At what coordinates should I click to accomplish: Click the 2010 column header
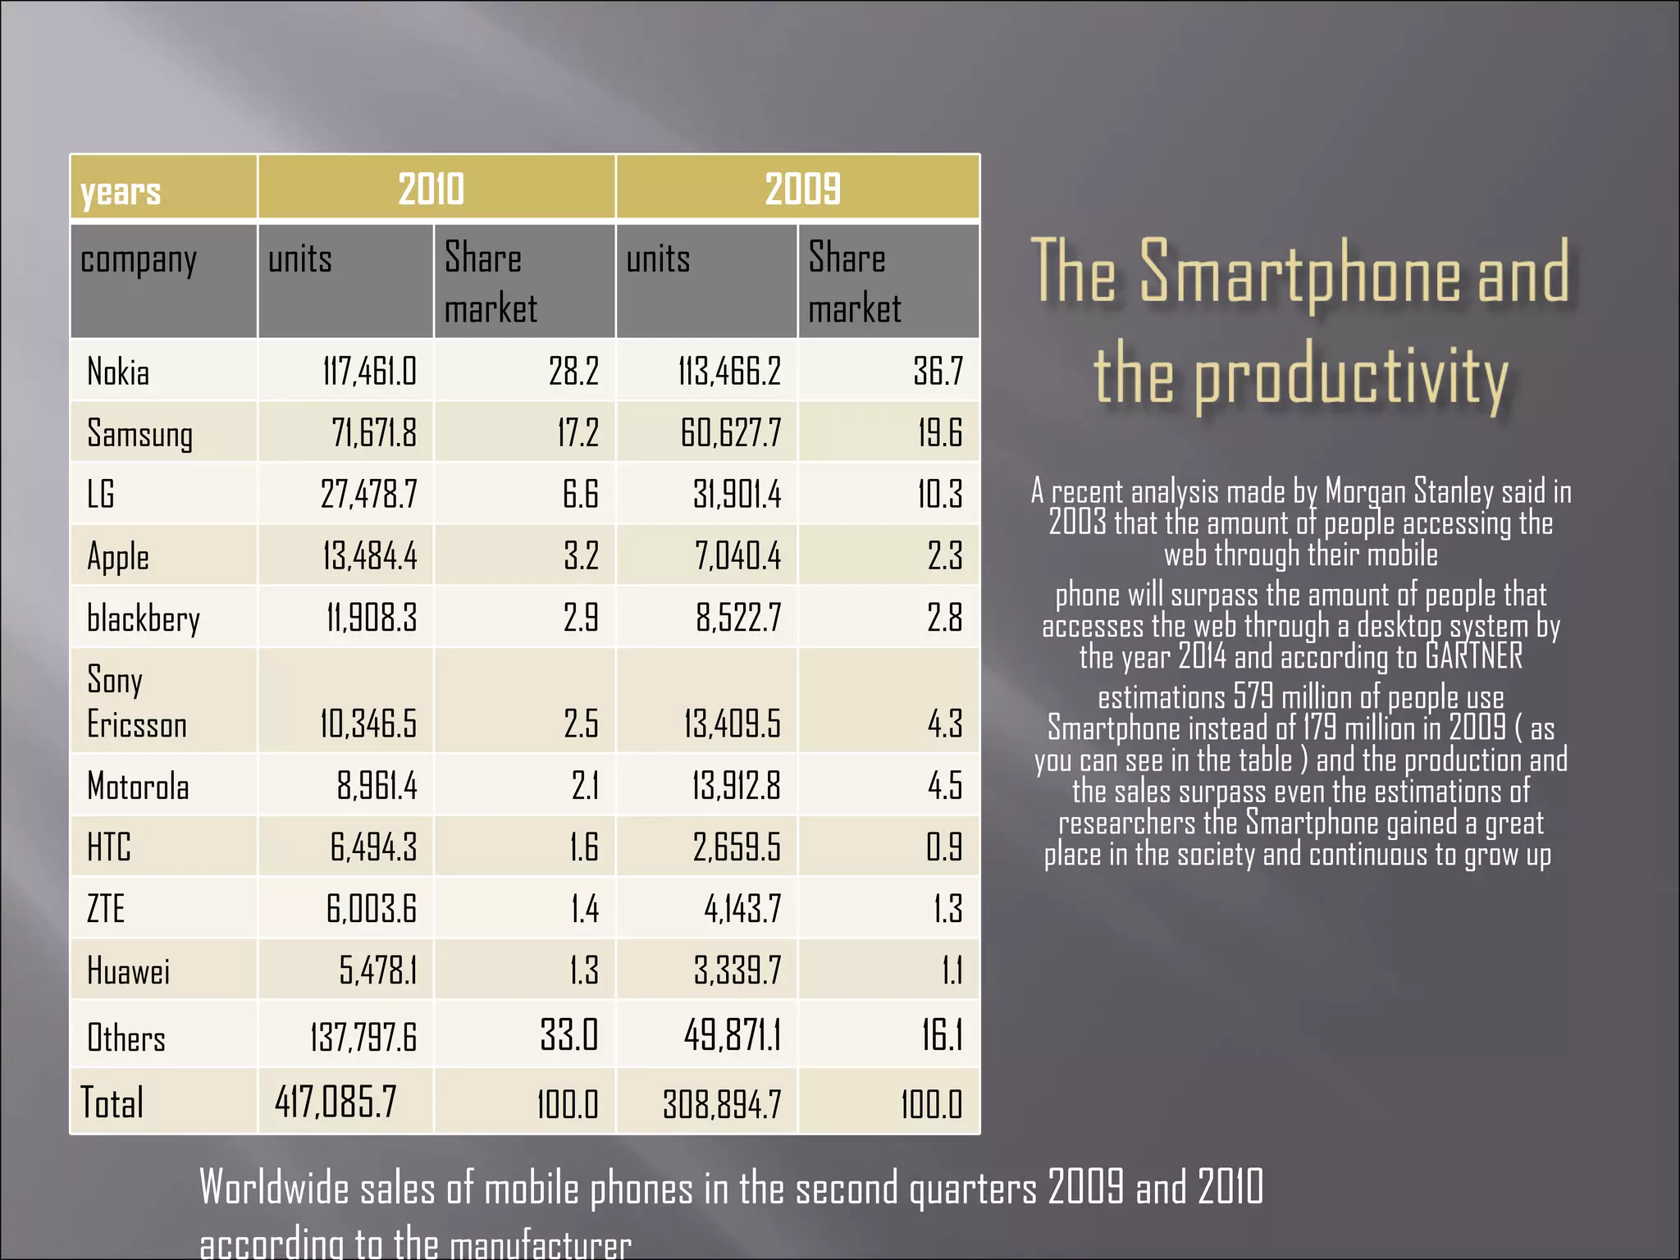click(431, 189)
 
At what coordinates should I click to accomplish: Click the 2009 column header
click(802, 189)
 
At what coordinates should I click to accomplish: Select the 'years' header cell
click(121, 191)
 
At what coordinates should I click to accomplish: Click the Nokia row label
click(118, 372)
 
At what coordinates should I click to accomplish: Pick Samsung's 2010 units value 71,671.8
click(374, 433)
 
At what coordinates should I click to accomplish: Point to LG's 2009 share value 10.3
click(940, 495)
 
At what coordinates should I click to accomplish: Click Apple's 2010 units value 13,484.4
click(369, 556)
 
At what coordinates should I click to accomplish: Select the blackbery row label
click(144, 619)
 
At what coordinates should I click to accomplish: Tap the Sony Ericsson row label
click(136, 702)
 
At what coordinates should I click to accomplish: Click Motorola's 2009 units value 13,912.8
click(736, 786)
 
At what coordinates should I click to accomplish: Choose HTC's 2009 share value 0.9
click(944, 847)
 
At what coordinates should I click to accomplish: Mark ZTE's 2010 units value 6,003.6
click(372, 909)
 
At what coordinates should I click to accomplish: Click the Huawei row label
click(128, 971)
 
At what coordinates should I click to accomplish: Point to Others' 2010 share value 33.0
click(569, 1035)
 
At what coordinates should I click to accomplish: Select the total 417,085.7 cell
click(336, 1102)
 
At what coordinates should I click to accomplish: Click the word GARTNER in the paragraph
click(1473, 656)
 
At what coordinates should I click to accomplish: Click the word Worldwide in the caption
click(274, 1188)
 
